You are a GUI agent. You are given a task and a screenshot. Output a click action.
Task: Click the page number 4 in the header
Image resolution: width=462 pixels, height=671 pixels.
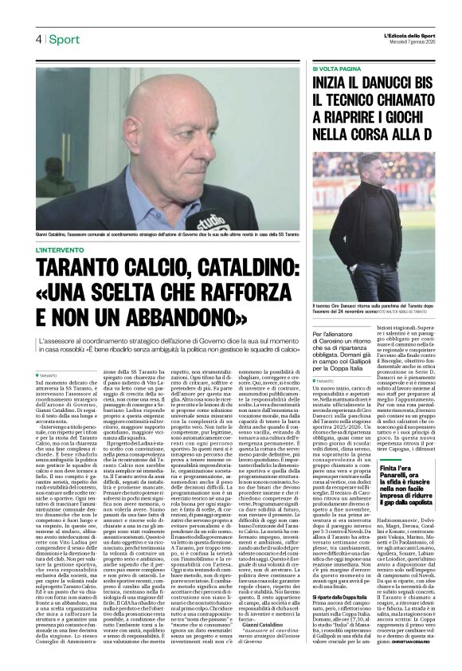coord(37,38)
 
